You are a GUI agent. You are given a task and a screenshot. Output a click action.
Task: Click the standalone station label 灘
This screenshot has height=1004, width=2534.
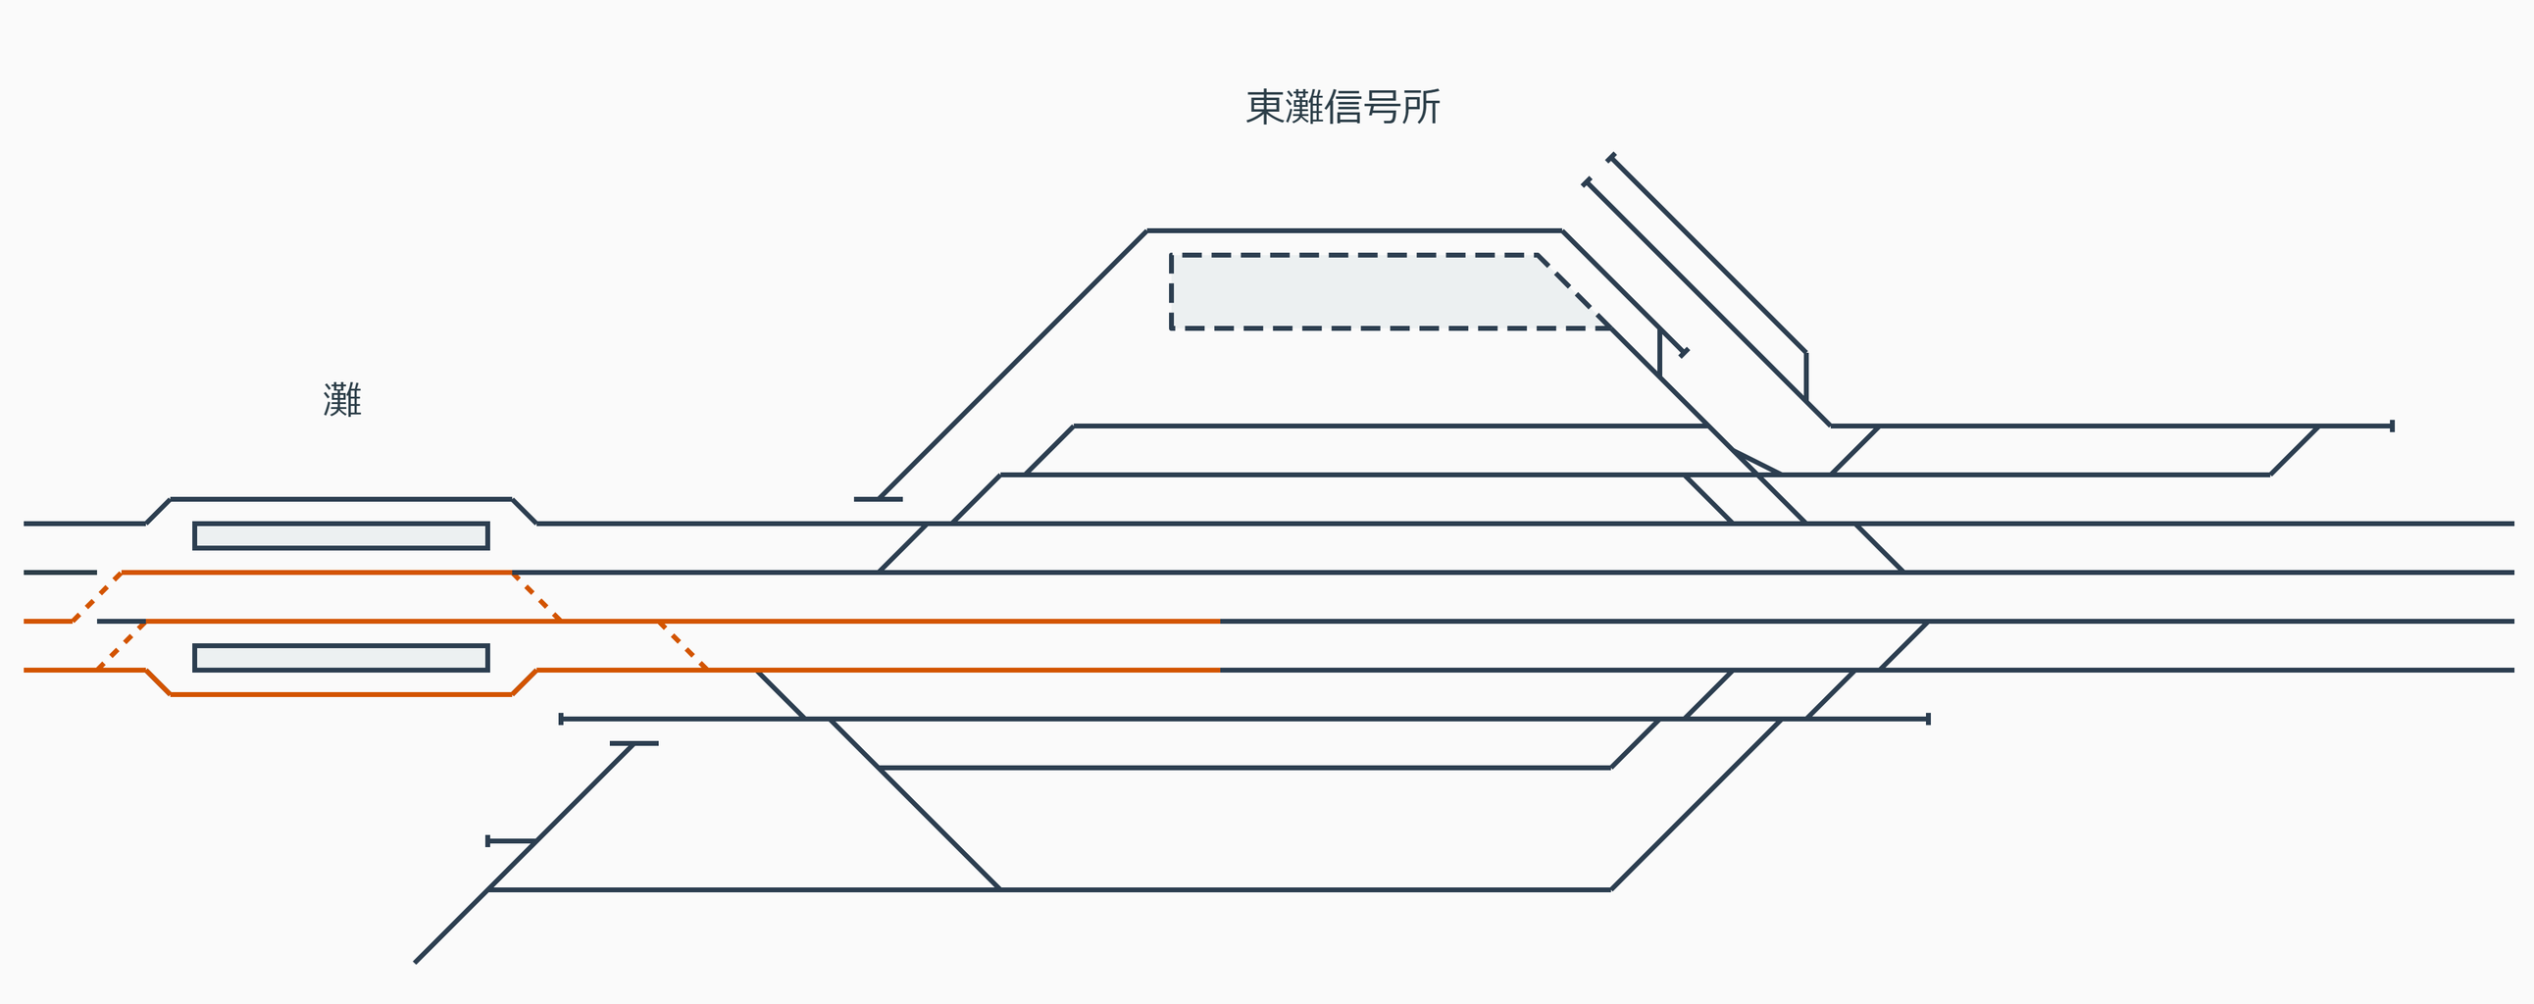pos(342,400)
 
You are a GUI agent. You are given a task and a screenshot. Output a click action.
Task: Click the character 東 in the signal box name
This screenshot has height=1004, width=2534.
pos(1265,107)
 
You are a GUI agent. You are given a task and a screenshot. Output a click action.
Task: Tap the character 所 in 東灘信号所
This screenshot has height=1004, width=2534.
pos(1421,107)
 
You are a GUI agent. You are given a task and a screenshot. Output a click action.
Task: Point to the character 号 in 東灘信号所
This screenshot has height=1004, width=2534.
pos(1382,107)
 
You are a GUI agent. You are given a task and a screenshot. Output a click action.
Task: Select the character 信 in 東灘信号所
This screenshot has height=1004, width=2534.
pos(1343,107)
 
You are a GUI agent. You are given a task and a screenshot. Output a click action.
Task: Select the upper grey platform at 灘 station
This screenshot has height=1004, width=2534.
pos(340,536)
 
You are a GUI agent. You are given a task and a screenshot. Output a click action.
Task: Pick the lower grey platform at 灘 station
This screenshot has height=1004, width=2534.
pos(340,658)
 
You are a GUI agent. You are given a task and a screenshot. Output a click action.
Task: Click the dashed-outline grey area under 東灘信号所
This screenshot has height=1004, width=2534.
pos(1367,292)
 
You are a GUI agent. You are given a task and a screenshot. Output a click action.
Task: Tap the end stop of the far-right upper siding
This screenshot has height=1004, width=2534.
pos(2392,426)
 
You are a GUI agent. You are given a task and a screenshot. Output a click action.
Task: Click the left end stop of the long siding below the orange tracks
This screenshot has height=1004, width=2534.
pos(562,719)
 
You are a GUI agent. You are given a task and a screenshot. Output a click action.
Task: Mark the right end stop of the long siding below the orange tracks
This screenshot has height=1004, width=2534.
pos(1928,719)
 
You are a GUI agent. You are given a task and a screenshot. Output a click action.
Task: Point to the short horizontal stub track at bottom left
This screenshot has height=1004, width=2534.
pos(511,841)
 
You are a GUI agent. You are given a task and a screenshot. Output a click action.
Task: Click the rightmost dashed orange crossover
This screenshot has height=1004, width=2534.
pos(683,646)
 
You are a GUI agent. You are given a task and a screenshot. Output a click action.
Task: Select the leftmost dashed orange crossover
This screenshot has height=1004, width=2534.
pos(97,597)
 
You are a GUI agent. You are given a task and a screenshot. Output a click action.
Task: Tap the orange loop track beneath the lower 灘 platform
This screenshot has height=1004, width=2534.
pos(340,694)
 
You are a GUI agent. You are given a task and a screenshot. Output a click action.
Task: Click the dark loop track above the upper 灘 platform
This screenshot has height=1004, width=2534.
pos(340,499)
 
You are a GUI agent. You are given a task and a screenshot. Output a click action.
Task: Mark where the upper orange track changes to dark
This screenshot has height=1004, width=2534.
pos(1220,622)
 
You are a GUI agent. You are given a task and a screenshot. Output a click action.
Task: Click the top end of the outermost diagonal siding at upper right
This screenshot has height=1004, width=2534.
pos(1611,157)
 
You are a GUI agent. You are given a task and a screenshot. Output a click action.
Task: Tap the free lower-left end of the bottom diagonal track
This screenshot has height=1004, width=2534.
pos(416,962)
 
